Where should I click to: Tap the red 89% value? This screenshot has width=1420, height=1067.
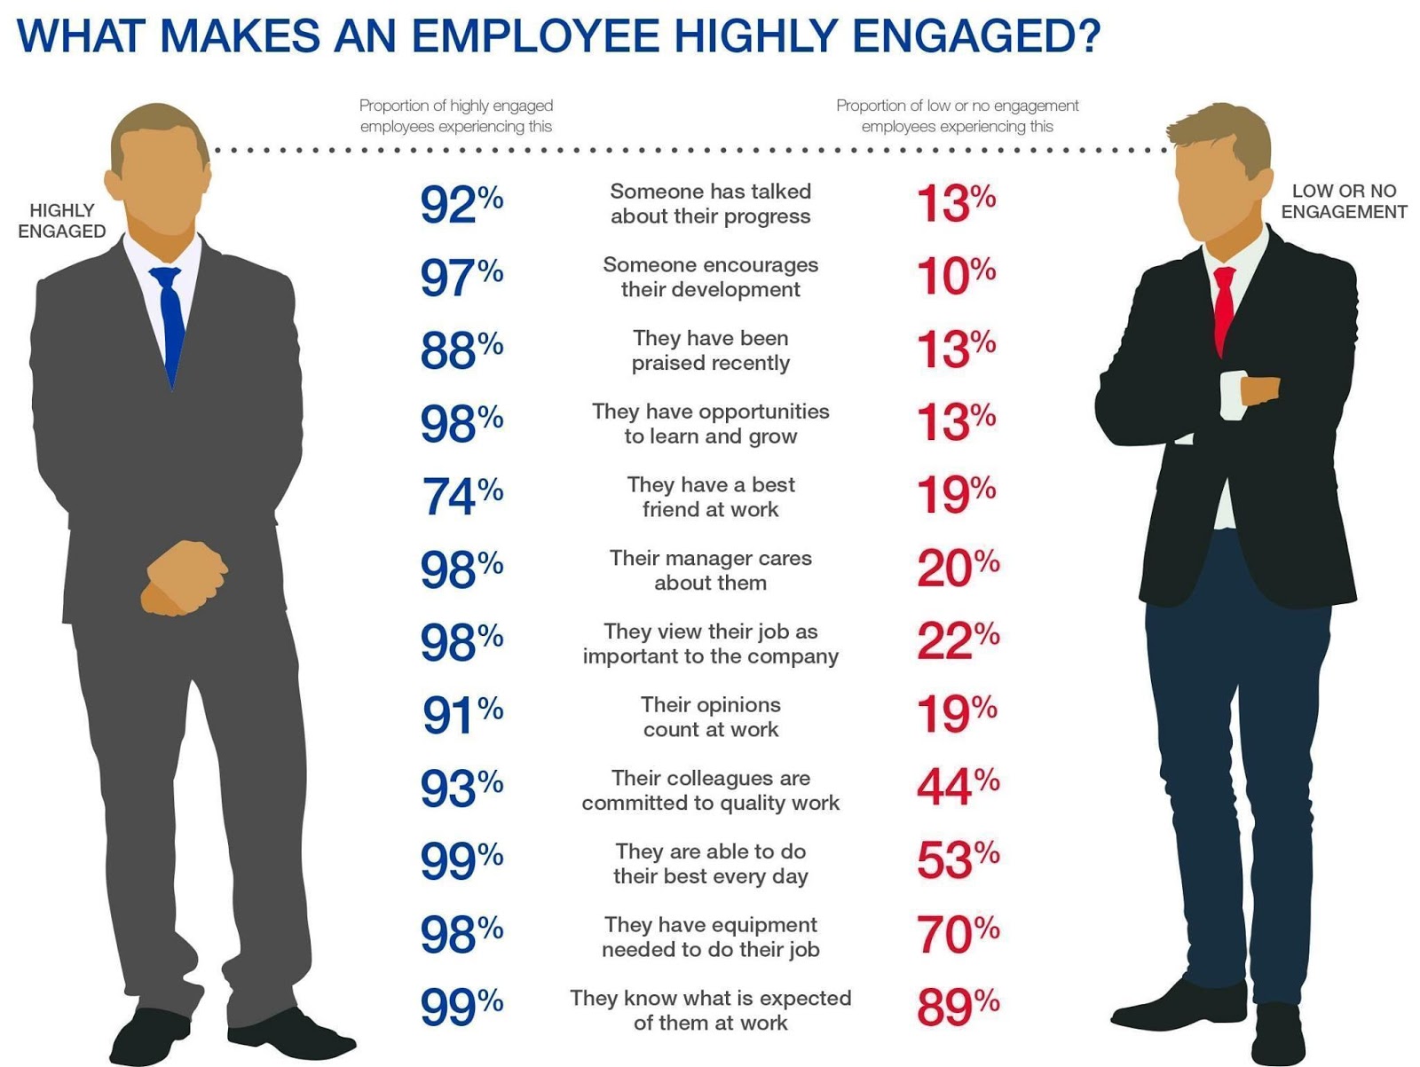(x=957, y=1007)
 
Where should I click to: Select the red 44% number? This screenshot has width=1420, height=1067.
(x=957, y=787)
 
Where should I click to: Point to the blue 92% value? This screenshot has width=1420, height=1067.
(x=461, y=203)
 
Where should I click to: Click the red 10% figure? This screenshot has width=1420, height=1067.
(x=956, y=276)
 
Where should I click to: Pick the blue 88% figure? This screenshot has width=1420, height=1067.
(x=461, y=349)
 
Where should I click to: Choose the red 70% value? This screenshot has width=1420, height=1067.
(x=957, y=934)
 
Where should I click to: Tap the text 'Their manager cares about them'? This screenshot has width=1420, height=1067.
(x=710, y=570)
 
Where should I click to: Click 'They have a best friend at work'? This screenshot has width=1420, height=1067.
(x=710, y=497)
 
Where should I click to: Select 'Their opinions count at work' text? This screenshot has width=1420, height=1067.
(x=710, y=717)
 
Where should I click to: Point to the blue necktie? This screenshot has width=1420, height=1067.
(x=170, y=319)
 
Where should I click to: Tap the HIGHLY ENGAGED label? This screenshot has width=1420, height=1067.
(x=61, y=220)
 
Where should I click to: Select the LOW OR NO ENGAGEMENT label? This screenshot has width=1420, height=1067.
(x=1344, y=201)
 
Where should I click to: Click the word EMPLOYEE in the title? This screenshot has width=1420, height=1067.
(x=535, y=35)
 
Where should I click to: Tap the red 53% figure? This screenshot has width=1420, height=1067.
(x=957, y=860)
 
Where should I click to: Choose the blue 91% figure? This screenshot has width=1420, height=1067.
(x=461, y=714)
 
